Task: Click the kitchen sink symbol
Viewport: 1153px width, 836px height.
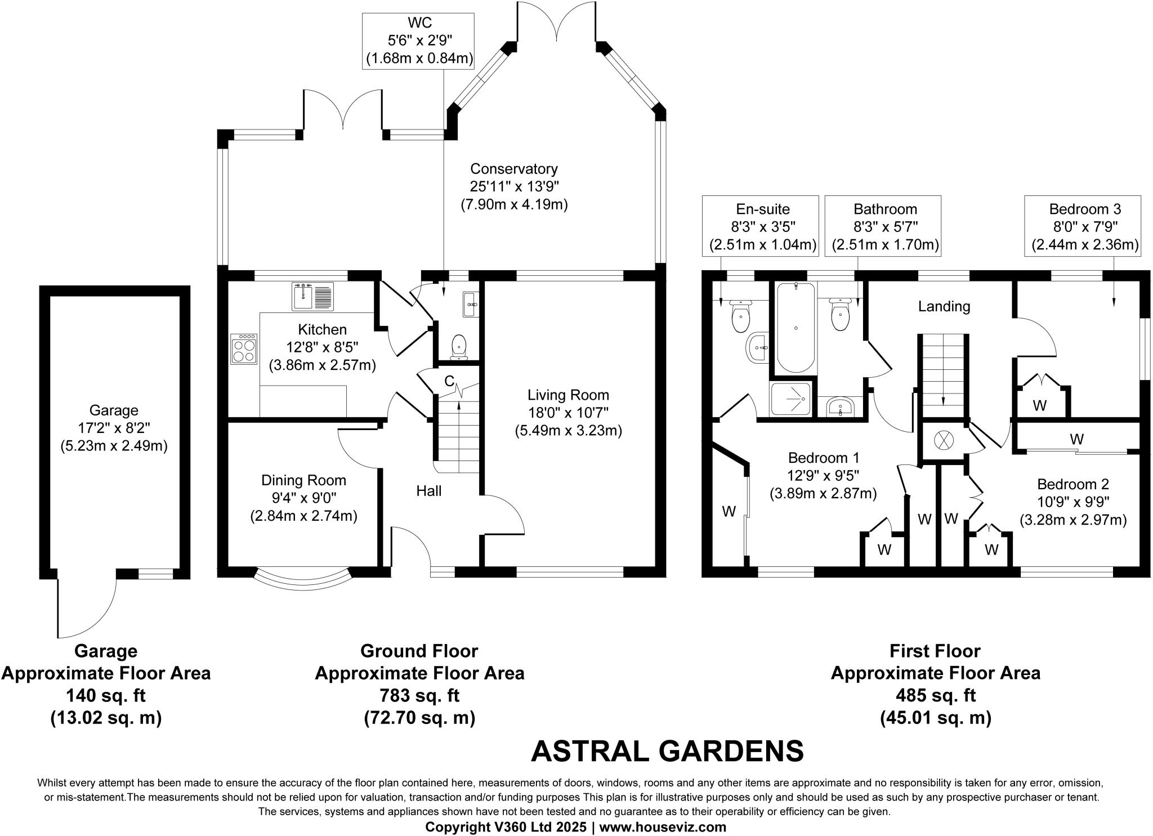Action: point(313,297)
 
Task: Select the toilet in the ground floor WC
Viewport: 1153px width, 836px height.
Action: point(459,346)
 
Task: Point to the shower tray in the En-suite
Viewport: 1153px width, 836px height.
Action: point(791,400)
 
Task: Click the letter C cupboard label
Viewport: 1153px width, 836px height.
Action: point(449,381)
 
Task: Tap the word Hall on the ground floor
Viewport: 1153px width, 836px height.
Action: point(428,491)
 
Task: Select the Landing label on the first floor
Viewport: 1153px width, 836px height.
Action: point(944,306)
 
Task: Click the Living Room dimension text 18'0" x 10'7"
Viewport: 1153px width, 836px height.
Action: point(568,413)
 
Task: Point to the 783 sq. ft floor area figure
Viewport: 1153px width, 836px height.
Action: point(419,695)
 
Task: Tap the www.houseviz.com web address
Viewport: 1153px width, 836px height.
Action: point(663,827)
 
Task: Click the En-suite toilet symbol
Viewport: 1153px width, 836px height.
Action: point(740,317)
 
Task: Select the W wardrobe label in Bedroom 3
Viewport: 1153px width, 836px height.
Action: point(1040,405)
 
